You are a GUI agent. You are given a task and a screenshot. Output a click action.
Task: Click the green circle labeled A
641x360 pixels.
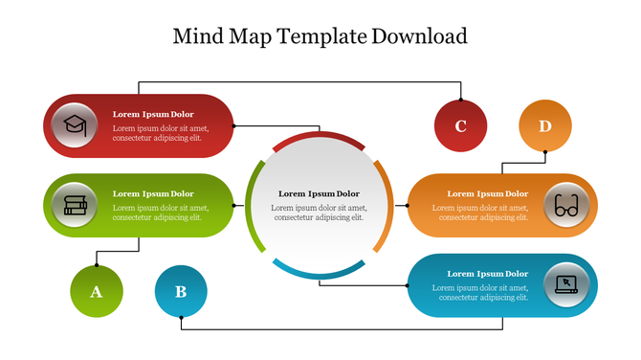coord(97,291)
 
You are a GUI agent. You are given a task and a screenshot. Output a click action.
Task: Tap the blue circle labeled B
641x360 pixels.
coord(181,291)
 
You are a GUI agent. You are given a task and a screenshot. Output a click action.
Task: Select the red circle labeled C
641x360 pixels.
coord(460,125)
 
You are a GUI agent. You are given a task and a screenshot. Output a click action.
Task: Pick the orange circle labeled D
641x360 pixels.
coord(545,125)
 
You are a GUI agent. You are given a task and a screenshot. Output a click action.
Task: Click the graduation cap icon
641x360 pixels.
coord(75,125)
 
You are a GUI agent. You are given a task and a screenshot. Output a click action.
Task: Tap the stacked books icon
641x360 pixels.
coord(75,205)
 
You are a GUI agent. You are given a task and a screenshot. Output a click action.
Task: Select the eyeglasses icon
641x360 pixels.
coord(566,205)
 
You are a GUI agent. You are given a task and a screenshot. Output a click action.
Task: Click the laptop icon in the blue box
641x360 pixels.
coord(566,284)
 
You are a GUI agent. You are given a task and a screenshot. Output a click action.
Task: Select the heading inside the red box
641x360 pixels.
coord(153,114)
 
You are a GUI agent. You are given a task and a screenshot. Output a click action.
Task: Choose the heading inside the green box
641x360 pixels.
coord(153,193)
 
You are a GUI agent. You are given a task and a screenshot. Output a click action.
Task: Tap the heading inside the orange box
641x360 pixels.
coord(487,193)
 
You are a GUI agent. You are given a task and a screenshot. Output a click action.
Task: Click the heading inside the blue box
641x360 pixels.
coord(487,274)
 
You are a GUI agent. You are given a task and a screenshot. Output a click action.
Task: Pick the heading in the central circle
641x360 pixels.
coord(319,193)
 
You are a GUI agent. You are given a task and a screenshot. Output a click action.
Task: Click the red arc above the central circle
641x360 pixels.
coord(319,139)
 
